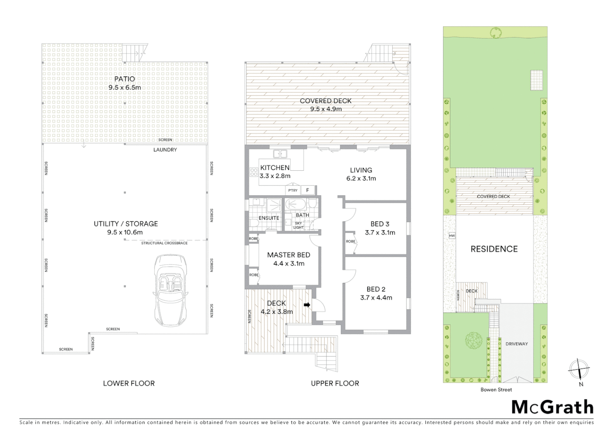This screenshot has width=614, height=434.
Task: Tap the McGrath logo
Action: (x=552, y=407)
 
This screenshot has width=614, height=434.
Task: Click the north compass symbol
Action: (x=579, y=369)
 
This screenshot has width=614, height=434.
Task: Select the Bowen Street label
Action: (x=496, y=389)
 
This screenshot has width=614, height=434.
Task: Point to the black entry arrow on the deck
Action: (x=307, y=305)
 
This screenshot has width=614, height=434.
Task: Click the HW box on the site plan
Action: (x=452, y=236)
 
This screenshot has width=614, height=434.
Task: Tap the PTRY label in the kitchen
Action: (x=293, y=190)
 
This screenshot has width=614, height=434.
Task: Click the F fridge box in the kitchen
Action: (x=308, y=190)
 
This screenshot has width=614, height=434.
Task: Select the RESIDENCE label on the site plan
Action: (x=494, y=249)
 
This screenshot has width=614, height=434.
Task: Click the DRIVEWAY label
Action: (x=516, y=344)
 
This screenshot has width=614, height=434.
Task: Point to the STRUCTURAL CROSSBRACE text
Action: (x=164, y=243)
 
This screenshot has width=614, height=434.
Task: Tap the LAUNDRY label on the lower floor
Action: (x=165, y=150)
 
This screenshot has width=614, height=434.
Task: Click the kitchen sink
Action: (x=279, y=154)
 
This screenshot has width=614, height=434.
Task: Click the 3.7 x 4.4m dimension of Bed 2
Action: (x=376, y=298)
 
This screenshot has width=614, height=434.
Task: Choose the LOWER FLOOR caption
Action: (x=129, y=383)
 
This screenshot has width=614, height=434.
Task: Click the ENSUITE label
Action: (x=269, y=218)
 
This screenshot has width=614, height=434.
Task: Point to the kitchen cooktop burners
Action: (x=254, y=172)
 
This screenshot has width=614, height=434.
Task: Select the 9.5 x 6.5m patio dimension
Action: (x=125, y=88)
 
